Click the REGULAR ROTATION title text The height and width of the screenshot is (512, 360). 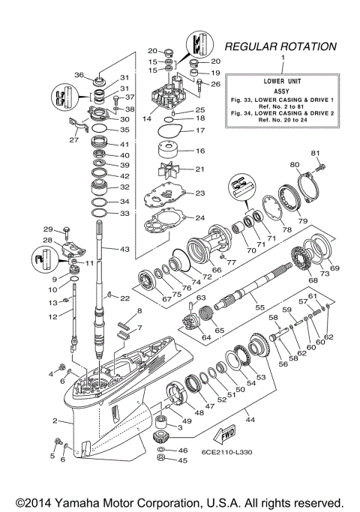280,46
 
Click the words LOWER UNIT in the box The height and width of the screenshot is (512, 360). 283,79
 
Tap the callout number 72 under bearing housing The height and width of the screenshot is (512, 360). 208,277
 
